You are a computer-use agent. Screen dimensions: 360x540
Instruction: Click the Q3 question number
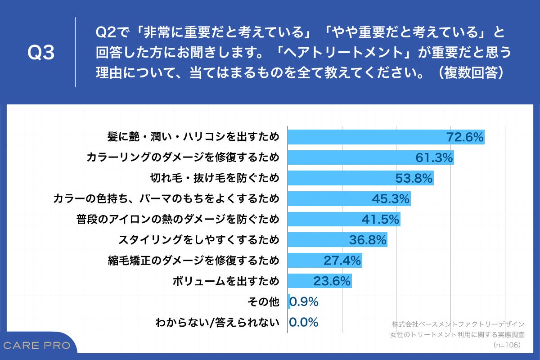pos(41,53)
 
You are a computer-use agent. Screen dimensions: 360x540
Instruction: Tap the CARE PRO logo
pos(37,346)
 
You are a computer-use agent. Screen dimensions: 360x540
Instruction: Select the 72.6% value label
pos(465,137)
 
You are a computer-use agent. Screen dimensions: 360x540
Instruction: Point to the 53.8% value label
pos(414,178)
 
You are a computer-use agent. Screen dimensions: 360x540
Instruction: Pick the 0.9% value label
pos(304,301)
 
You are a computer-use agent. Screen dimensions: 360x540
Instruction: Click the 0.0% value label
pos(304,322)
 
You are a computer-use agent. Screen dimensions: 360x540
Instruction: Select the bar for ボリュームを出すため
pos(319,281)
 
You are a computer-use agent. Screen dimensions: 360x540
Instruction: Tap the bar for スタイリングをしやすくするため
pos(337,240)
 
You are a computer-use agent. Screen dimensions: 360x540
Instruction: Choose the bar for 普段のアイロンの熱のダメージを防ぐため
pos(344,219)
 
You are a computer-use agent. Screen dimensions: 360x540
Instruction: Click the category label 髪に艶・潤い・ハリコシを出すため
pos(193,137)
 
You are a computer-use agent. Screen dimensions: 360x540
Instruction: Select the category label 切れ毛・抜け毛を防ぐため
pos(214,178)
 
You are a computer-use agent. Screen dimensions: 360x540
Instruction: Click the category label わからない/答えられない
pos(217,323)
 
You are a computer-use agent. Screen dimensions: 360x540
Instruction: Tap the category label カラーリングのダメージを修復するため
pos(183,157)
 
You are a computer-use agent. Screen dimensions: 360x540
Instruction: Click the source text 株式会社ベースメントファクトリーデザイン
pos(458,324)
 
